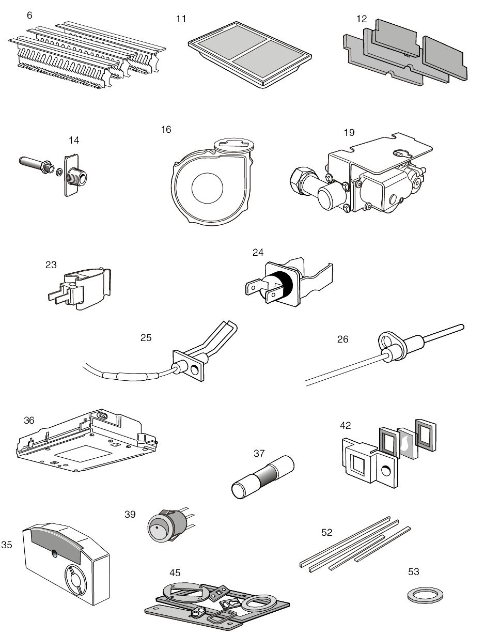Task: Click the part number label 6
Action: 29,16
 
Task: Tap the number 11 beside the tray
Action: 181,19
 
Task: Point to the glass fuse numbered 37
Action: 263,477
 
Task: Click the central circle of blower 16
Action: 207,188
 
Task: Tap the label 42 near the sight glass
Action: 345,425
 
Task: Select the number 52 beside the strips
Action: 327,532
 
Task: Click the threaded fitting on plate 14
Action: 77,177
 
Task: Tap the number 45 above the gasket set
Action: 175,572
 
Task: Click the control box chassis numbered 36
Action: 87,441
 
